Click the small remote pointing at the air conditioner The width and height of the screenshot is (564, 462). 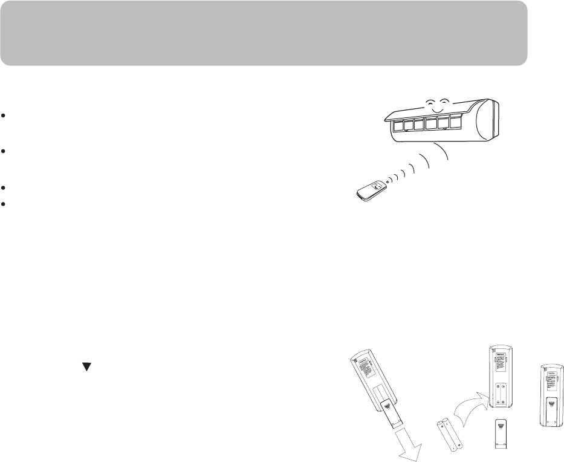(x=369, y=190)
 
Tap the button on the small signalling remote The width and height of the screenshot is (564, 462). (x=377, y=186)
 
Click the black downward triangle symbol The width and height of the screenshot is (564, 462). (x=86, y=366)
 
